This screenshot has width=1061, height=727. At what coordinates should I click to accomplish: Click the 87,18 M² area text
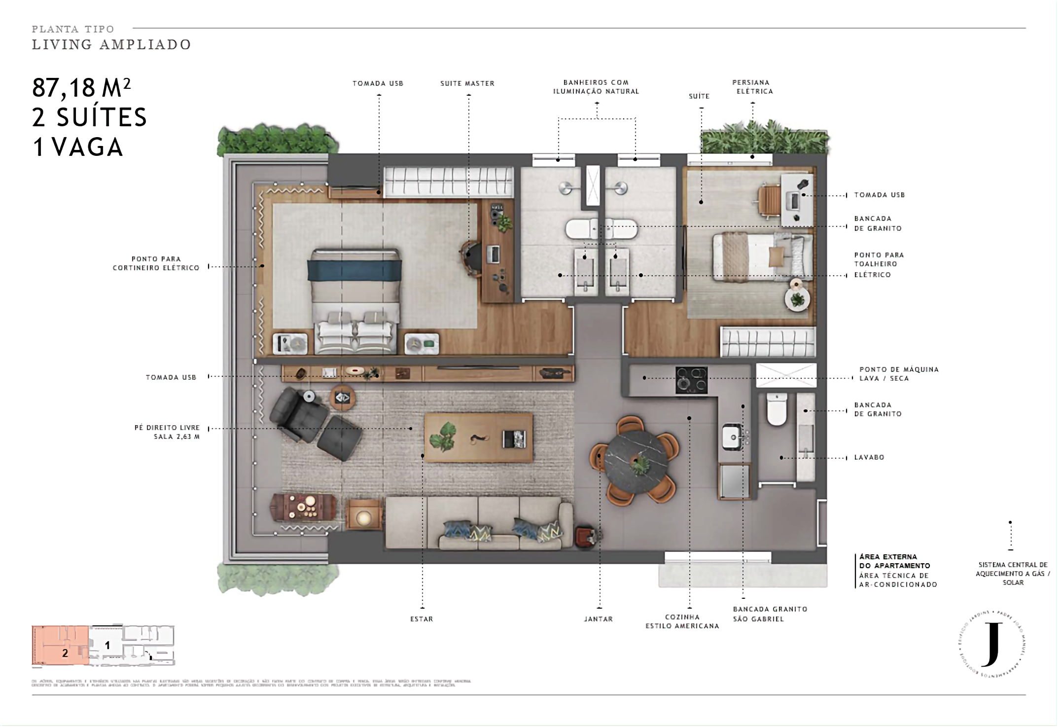coord(81,88)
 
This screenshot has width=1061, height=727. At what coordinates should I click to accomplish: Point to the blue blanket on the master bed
coord(354,270)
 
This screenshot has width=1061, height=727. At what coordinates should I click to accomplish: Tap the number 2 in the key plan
coord(65,654)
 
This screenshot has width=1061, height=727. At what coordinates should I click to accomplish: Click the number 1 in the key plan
coord(107,645)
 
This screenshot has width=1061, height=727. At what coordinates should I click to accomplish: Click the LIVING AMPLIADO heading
coord(112,45)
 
